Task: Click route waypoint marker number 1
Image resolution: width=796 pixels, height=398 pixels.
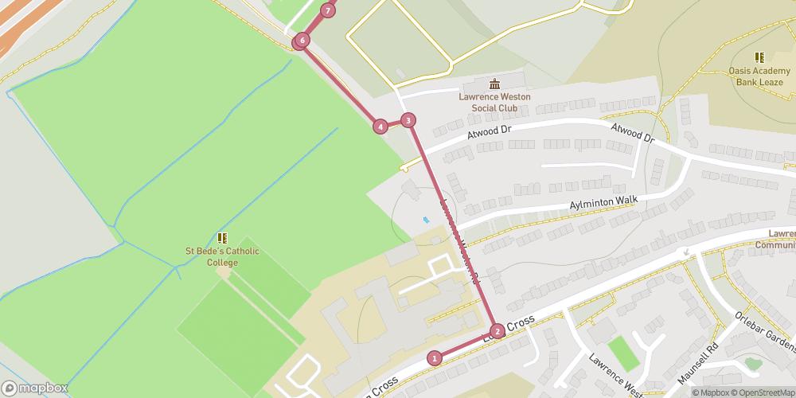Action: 435,358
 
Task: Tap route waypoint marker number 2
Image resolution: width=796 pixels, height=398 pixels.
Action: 497,331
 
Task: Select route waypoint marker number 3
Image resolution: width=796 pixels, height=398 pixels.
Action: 408,120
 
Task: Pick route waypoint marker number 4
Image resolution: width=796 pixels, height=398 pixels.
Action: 380,126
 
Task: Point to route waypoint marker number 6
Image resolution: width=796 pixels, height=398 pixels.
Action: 302,41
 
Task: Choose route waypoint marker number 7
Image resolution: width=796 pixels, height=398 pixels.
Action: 327,10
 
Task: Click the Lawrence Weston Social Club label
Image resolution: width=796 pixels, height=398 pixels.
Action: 494,102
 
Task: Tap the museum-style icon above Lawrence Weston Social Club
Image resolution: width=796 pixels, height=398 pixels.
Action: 494,84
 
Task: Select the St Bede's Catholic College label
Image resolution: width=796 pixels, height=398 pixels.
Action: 222,257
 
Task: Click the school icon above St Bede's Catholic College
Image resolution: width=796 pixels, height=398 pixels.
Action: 222,237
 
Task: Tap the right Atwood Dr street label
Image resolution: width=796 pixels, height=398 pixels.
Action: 632,133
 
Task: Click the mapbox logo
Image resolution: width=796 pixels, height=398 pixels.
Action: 36,388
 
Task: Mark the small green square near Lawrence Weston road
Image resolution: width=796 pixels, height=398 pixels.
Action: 623,353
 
